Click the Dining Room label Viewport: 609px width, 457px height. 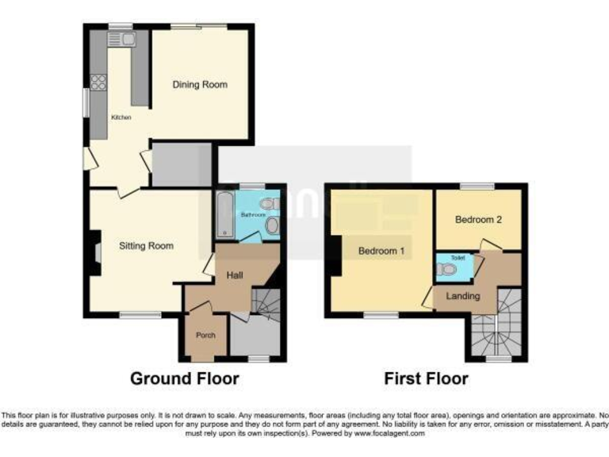[x=200, y=85]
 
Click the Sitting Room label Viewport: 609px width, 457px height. [x=146, y=246]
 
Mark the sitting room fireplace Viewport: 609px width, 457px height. [x=95, y=252]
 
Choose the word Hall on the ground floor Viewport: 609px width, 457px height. [x=235, y=275]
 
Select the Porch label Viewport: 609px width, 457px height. [x=205, y=335]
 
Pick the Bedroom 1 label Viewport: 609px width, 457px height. [x=381, y=252]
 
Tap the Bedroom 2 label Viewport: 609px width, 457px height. [x=477, y=220]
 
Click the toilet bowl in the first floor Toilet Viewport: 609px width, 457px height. [x=448, y=270]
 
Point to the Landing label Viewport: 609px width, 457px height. [x=462, y=296]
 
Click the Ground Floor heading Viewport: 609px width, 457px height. [x=184, y=378]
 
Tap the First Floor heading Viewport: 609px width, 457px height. [x=426, y=378]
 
